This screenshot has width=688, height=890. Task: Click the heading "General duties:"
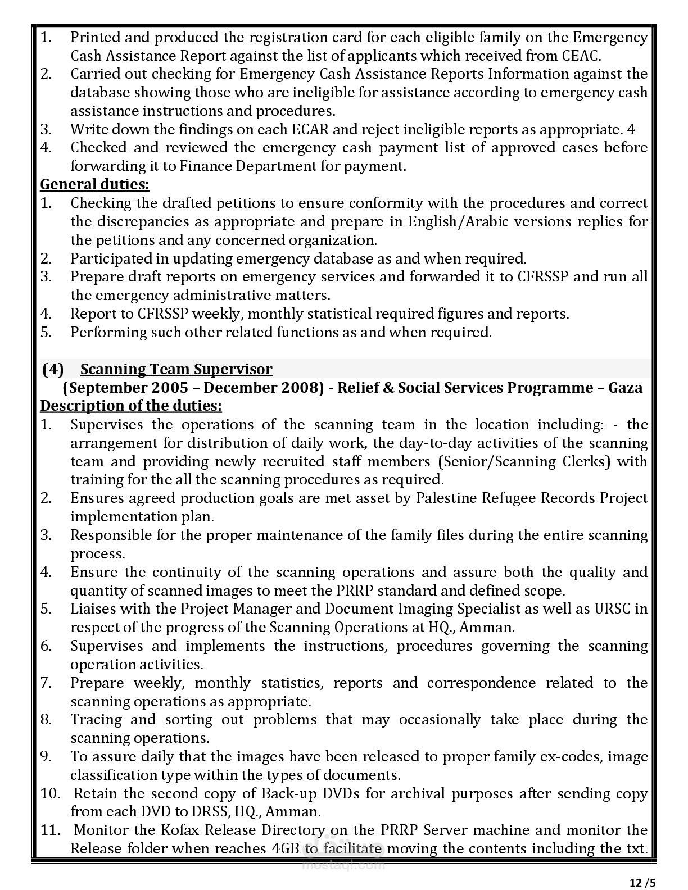click(x=95, y=184)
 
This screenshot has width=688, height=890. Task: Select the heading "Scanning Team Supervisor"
click(x=176, y=369)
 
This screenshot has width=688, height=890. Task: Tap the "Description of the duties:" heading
click(x=131, y=406)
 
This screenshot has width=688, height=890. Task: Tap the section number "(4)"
click(x=53, y=369)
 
